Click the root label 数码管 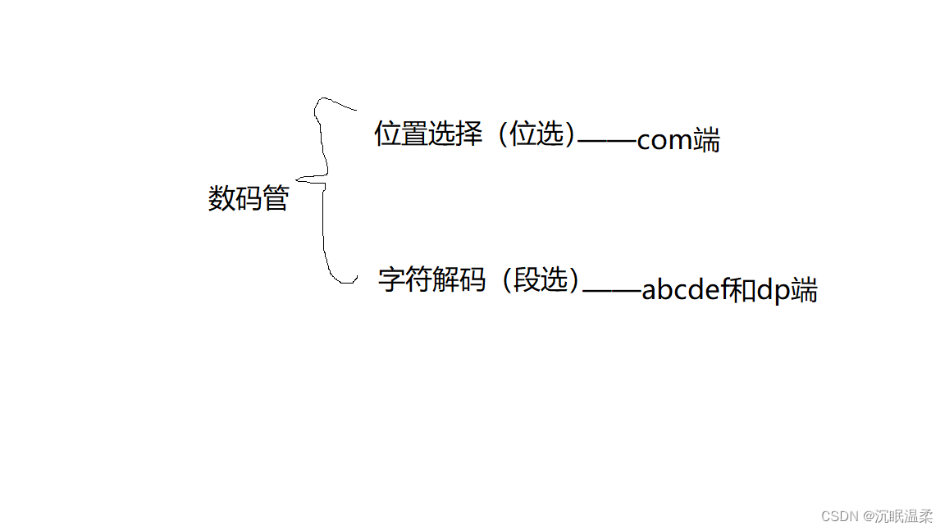coord(249,198)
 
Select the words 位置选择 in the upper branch coord(428,134)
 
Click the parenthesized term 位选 coord(537,134)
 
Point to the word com coord(664,141)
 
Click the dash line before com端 coord(607,141)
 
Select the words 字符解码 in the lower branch coord(431,279)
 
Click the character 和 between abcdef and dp coord(742,291)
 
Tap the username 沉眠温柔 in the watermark coord(903,516)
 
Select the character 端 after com coord(706,141)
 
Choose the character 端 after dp coord(804,291)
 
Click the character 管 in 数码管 coord(276,198)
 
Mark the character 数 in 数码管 coord(221,198)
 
